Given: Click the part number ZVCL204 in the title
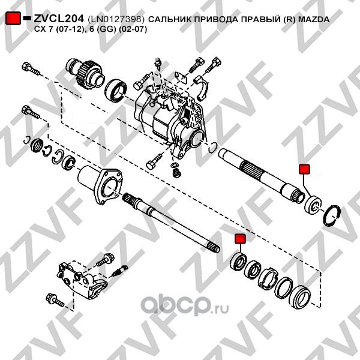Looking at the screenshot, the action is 59,19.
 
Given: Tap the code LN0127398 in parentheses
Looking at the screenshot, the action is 116,19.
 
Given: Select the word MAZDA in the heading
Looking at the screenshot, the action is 314,19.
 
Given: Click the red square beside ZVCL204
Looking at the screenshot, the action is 13,18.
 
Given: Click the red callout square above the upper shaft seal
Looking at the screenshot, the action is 304,169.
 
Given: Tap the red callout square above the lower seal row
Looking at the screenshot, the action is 240,239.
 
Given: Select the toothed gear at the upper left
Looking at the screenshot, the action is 85,74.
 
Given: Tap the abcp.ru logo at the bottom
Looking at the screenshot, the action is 184,305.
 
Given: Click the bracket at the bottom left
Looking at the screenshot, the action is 82,280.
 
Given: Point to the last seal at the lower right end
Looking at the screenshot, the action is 300,297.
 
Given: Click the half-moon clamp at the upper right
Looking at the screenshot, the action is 203,88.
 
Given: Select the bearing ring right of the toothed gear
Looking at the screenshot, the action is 116,90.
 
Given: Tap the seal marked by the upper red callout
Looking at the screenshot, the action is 313,205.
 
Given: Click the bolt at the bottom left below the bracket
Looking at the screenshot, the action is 55,300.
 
